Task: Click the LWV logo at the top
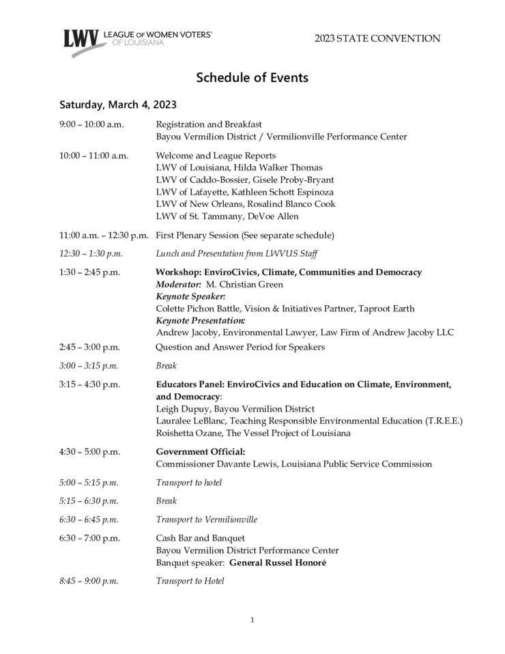point(137,40)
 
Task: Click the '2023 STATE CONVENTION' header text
point(377,39)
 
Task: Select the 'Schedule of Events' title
point(252,77)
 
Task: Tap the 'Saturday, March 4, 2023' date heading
point(118,104)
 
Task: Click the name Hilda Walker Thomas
point(280,167)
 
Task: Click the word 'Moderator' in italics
point(177,284)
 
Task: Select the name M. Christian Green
point(244,284)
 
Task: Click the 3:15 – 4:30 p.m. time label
point(90,384)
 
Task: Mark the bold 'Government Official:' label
point(201,452)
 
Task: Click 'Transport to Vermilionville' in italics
point(207,520)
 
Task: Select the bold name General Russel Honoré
point(278,563)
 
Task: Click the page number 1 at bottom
point(252,620)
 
